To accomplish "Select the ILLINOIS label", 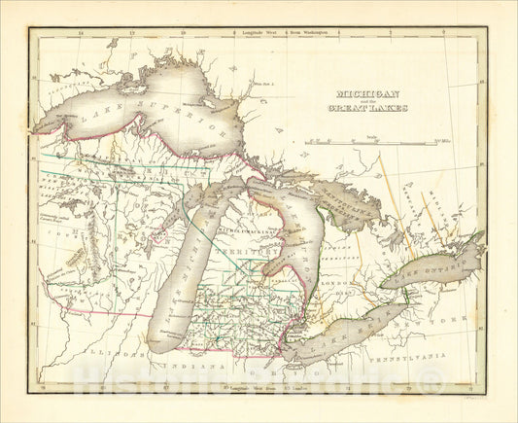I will click(x=106, y=361).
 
